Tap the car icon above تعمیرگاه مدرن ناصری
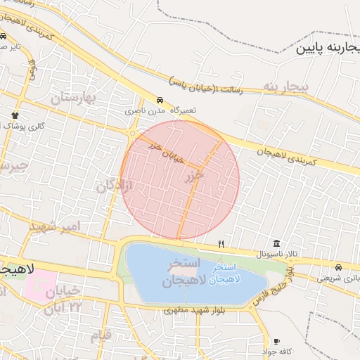tap(160, 100)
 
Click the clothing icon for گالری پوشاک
tap(14, 114)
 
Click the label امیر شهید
tap(56, 227)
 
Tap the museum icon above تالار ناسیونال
tap(275, 243)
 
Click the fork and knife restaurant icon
tap(221, 244)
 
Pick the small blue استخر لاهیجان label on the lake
tap(221, 274)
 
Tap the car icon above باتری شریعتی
tap(339, 268)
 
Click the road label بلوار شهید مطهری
tap(190, 309)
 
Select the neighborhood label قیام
tap(101, 335)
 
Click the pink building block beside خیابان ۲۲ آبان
tap(44, 284)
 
